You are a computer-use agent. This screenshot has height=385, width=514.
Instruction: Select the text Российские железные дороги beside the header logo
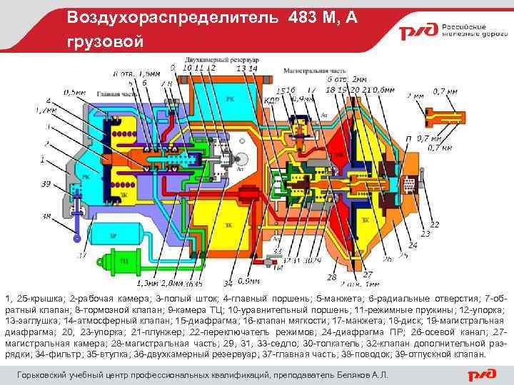pos(467,29)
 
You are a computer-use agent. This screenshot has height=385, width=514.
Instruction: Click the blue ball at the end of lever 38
pos(76,242)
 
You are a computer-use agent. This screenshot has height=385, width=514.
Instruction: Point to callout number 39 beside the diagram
pos(45,184)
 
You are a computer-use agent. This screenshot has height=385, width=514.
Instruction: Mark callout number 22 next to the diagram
pos(433,225)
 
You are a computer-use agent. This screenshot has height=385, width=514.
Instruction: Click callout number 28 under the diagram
pos(331,277)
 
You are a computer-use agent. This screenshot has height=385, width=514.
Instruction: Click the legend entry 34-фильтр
pos(41,354)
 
